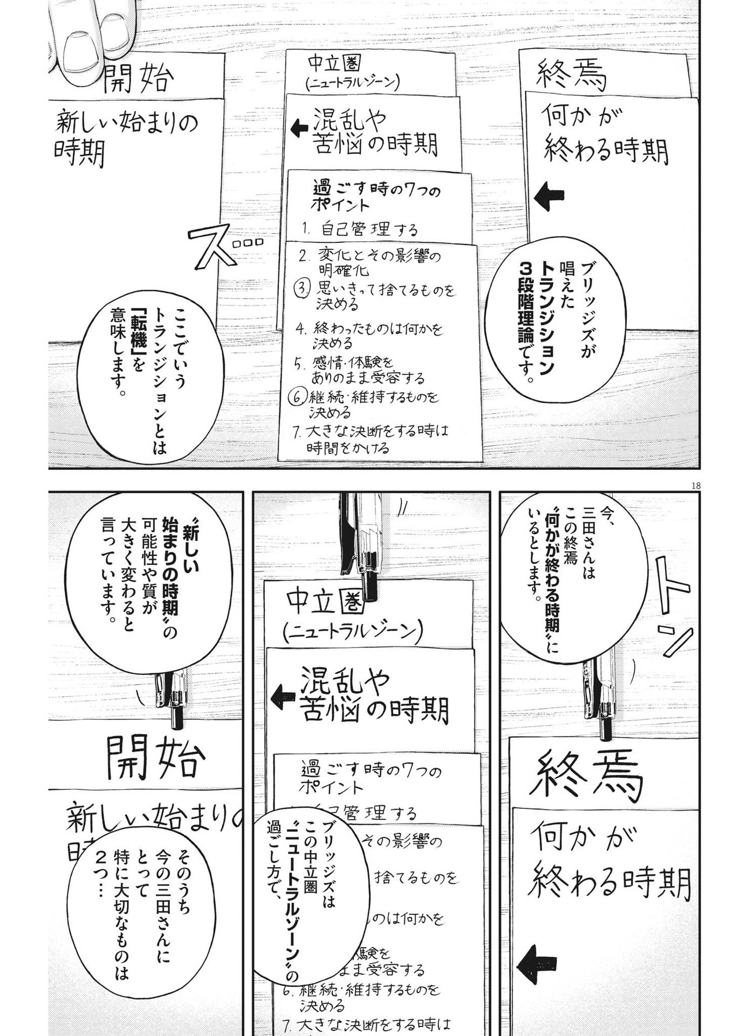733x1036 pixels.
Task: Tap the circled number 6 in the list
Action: click(x=297, y=398)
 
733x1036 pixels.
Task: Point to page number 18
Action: click(x=695, y=486)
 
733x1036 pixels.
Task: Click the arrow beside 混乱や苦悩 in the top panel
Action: click(x=299, y=128)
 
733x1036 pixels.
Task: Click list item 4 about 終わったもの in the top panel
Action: click(x=371, y=335)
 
